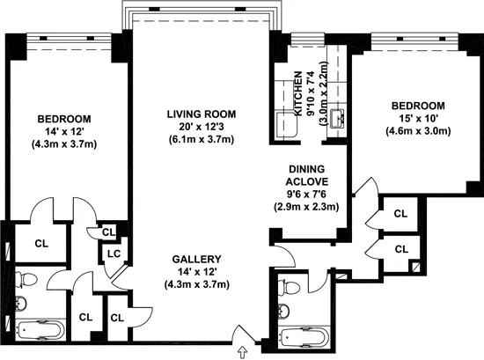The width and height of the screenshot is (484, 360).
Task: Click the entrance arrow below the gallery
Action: pos(244,354)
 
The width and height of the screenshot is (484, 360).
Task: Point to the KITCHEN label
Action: pos(298,93)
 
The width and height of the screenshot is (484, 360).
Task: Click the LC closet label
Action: pos(114,254)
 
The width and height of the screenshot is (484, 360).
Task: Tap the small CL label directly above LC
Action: pos(108,232)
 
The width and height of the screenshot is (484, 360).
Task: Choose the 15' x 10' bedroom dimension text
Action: pos(407,119)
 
